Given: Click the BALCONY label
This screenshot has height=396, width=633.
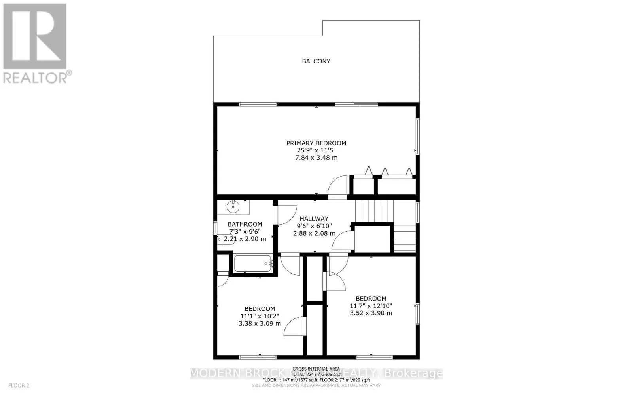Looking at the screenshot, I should [316, 61].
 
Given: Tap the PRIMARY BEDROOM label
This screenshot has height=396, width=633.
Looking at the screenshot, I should [316, 143].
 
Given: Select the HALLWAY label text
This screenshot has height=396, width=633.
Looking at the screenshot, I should [314, 219].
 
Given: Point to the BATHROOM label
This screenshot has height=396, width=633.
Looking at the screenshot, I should [245, 224].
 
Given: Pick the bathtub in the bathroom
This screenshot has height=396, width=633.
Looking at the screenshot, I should [252, 263].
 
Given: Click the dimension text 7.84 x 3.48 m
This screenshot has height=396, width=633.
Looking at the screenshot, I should [316, 158].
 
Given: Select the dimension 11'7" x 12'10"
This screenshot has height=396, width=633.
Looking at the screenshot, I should [371, 306].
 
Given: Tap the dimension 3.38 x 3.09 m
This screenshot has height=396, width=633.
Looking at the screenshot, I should [260, 323].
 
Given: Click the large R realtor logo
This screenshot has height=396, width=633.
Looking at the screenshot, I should [35, 36].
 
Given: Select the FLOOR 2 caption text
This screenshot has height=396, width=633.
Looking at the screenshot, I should [19, 385].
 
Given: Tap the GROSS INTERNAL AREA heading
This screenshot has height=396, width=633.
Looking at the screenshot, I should [316, 369].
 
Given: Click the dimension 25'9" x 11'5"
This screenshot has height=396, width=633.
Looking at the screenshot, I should [316, 150].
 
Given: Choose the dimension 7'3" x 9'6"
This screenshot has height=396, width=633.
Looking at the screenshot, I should [245, 232].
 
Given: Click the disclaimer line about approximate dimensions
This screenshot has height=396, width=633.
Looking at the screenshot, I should [316, 385].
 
